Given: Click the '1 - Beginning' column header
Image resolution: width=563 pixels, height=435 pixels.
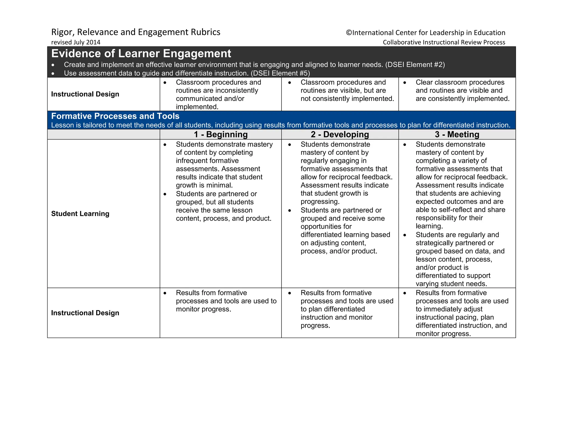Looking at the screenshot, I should coord(220,134).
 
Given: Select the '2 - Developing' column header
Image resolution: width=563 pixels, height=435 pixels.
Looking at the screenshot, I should coord(340,134).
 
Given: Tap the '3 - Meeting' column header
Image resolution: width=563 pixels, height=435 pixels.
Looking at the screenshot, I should coord(457,134).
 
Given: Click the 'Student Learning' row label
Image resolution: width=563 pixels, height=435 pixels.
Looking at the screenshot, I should coord(80,214).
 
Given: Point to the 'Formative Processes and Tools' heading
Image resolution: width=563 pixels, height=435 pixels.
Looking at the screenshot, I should coord(115,116).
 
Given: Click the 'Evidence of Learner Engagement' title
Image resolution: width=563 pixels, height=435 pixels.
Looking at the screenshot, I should coord(141,54).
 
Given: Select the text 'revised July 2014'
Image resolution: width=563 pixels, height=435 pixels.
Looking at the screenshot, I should coord(76,42).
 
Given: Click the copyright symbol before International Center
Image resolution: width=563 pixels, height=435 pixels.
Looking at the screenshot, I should coord(349,33).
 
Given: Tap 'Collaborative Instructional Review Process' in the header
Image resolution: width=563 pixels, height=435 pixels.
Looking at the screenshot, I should coord(444,42).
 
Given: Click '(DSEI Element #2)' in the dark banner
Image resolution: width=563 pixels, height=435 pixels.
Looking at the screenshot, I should coord(415,65).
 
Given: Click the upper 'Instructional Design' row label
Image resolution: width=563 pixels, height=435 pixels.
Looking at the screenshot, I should coord(85,94).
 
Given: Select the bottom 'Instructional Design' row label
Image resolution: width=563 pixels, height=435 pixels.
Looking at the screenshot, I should coord(85,313).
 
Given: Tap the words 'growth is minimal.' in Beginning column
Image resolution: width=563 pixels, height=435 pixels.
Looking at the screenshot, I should coord(204,185).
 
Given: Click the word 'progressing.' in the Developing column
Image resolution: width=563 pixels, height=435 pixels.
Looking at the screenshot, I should coord(320,202).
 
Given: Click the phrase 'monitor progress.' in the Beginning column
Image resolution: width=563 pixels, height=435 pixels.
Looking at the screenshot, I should coord(203,309).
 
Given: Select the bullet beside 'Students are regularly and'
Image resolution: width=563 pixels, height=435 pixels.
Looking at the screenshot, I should coord(405,235).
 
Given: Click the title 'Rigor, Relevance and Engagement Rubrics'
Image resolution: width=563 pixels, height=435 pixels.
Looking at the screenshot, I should coord(136,32).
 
